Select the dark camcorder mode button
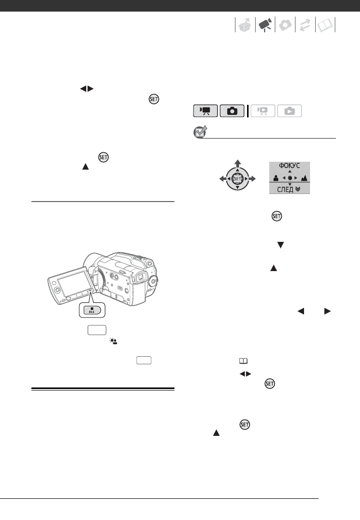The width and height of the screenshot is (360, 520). (206, 111)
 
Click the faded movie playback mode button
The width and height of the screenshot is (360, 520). (263, 111)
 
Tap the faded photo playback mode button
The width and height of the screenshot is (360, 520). (289, 111)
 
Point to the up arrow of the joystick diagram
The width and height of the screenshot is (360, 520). (237, 162)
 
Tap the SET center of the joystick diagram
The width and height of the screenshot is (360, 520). (237, 178)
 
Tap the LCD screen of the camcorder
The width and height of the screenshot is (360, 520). (70, 283)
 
